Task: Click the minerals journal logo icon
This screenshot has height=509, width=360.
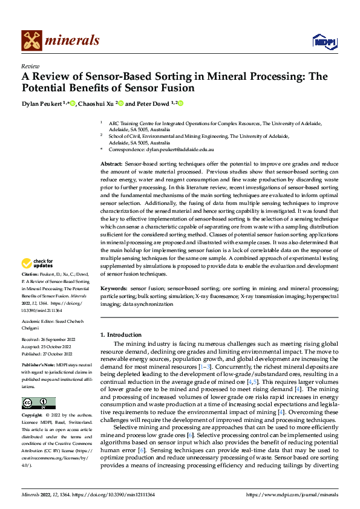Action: coord(31,41)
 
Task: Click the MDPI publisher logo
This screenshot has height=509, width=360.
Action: coord(323,41)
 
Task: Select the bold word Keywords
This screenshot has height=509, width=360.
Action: coord(113,290)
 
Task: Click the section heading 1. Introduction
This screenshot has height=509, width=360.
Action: coord(121,334)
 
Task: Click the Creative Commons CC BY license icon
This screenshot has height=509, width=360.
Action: coord(38,403)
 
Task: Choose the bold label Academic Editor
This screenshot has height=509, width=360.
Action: coord(40,322)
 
